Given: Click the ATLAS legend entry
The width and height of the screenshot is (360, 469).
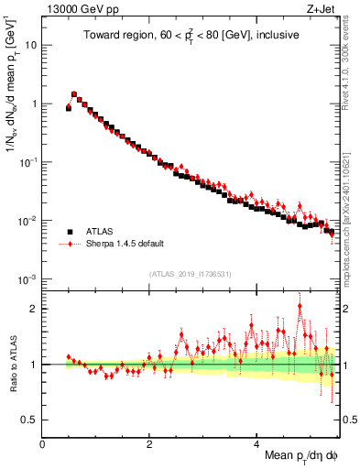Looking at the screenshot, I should coord(102,232).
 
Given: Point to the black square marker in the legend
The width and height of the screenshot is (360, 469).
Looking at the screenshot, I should coord(69,232).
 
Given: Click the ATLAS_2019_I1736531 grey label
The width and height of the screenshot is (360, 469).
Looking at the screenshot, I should coord(191,273).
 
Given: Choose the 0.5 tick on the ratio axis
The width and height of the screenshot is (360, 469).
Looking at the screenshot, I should coord(28,420).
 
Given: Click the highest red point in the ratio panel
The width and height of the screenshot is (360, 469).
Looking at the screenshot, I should coord(300,307).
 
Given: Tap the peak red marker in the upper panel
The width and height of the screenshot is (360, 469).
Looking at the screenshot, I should coord(74,93).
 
